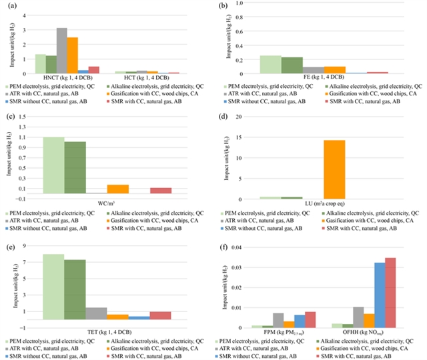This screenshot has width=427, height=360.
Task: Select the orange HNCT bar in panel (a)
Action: (72, 55)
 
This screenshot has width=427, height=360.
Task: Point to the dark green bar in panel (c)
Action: (75, 167)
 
